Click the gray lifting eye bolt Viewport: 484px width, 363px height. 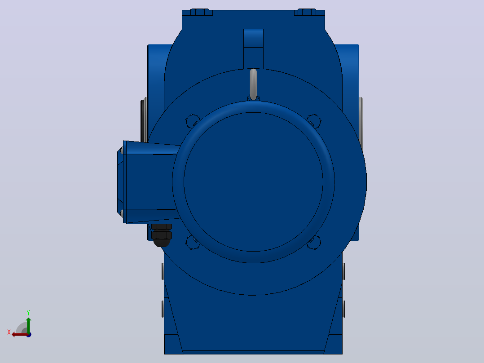pyautogui.click(x=253, y=84)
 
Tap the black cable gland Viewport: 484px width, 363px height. pyautogui.click(x=162, y=235)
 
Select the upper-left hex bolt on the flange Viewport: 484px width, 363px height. pyautogui.click(x=192, y=121)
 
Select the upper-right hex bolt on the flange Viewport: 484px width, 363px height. pyautogui.click(x=314, y=121)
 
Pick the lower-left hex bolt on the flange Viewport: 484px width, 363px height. pyautogui.click(x=192, y=243)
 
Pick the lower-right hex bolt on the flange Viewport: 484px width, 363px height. pyautogui.click(x=314, y=243)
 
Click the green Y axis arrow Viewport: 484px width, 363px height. pyautogui.click(x=28, y=325)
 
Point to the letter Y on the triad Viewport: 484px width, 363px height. pyautogui.click(x=28, y=312)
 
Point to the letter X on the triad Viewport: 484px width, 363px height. pyautogui.click(x=9, y=332)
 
